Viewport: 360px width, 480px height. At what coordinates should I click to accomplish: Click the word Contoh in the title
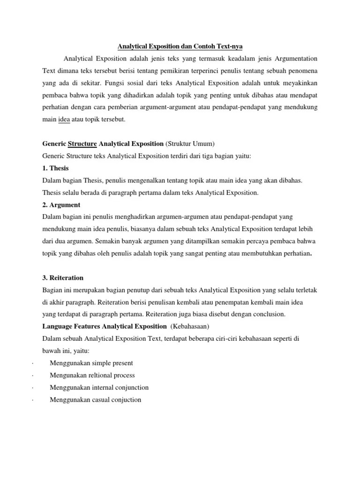pyautogui.click(x=202, y=47)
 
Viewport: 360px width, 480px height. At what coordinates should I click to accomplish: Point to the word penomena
pyautogui.click(x=300, y=71)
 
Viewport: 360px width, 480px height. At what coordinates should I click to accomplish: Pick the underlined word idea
pyautogui.click(x=64, y=120)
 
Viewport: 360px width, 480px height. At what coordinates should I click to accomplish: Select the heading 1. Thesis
pyautogui.click(x=56, y=168)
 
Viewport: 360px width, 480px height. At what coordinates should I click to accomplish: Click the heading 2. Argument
pyautogui.click(x=61, y=205)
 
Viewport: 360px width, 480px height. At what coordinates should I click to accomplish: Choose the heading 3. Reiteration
pyautogui.click(x=63, y=278)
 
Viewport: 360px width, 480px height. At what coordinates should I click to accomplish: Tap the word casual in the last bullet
pyautogui.click(x=96, y=400)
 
